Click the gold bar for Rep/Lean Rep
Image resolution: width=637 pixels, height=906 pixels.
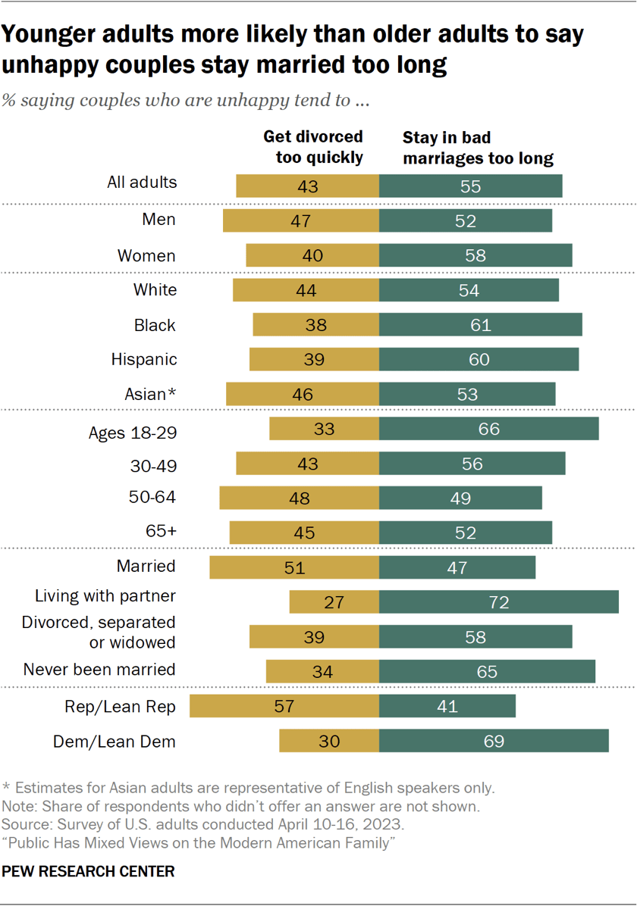click(x=284, y=706)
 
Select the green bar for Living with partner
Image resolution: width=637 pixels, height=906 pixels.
click(x=499, y=602)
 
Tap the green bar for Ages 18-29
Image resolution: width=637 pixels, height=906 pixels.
click(x=489, y=429)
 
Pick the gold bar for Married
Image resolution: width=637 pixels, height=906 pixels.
click(x=294, y=567)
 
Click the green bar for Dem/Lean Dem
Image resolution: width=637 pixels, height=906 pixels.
click(x=494, y=741)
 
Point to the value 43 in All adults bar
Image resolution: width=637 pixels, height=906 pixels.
click(x=307, y=186)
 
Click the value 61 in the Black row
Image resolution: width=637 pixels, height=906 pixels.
click(x=481, y=325)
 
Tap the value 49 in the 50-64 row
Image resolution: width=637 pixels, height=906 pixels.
click(x=460, y=498)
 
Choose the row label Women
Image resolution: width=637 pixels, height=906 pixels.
click(x=146, y=255)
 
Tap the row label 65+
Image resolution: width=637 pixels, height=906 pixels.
click(x=160, y=531)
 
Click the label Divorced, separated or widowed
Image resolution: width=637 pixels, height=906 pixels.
click(x=99, y=632)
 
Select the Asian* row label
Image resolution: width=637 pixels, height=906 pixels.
click(x=149, y=394)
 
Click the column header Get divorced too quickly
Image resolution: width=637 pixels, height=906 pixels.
click(x=312, y=147)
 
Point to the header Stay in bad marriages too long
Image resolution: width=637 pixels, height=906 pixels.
click(x=478, y=148)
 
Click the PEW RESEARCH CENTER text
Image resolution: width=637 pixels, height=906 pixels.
click(x=89, y=872)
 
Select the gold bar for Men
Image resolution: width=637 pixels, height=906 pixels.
click(x=301, y=220)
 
